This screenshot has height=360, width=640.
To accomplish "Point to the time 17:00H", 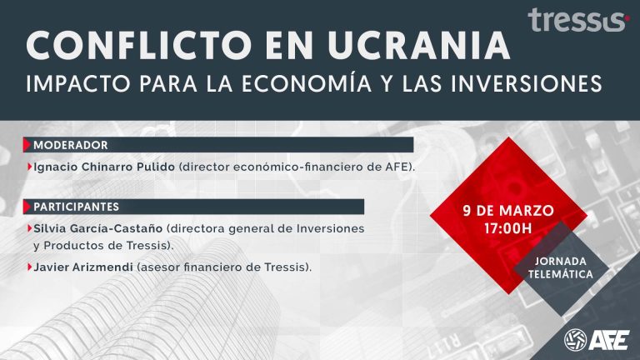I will pyautogui.click(x=508, y=227).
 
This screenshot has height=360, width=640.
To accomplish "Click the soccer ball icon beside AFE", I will pyautogui.click(x=576, y=340).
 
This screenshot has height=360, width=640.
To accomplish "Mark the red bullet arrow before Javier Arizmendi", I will pyautogui.click(x=30, y=267).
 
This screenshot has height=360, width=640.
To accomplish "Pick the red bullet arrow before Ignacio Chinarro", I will pyautogui.click(x=30, y=167).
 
